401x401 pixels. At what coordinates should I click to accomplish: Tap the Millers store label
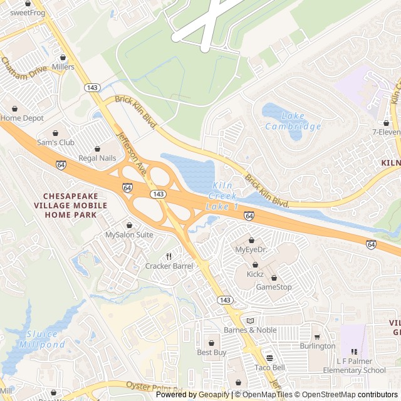click(x=63, y=67)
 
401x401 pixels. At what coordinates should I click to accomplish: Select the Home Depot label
click(x=22, y=118)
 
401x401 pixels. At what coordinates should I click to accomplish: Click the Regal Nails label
click(x=97, y=158)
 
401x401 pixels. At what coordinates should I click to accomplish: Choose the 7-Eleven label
click(x=385, y=132)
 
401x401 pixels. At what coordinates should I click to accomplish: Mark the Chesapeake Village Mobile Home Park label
click(x=70, y=206)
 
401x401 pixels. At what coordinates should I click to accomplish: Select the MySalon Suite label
click(x=129, y=234)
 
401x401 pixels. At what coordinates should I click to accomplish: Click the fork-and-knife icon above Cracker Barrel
click(x=169, y=256)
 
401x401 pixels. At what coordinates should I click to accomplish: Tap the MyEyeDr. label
click(x=251, y=249)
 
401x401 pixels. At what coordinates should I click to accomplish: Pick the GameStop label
click(x=274, y=287)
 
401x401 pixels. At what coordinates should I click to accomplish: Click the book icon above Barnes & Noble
click(x=250, y=320)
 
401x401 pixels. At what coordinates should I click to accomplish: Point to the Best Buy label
click(x=211, y=352)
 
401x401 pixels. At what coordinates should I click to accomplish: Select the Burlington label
click(x=317, y=346)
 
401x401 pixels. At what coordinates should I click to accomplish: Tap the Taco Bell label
click(x=269, y=367)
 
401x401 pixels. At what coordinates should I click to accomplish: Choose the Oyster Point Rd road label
click(x=150, y=386)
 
